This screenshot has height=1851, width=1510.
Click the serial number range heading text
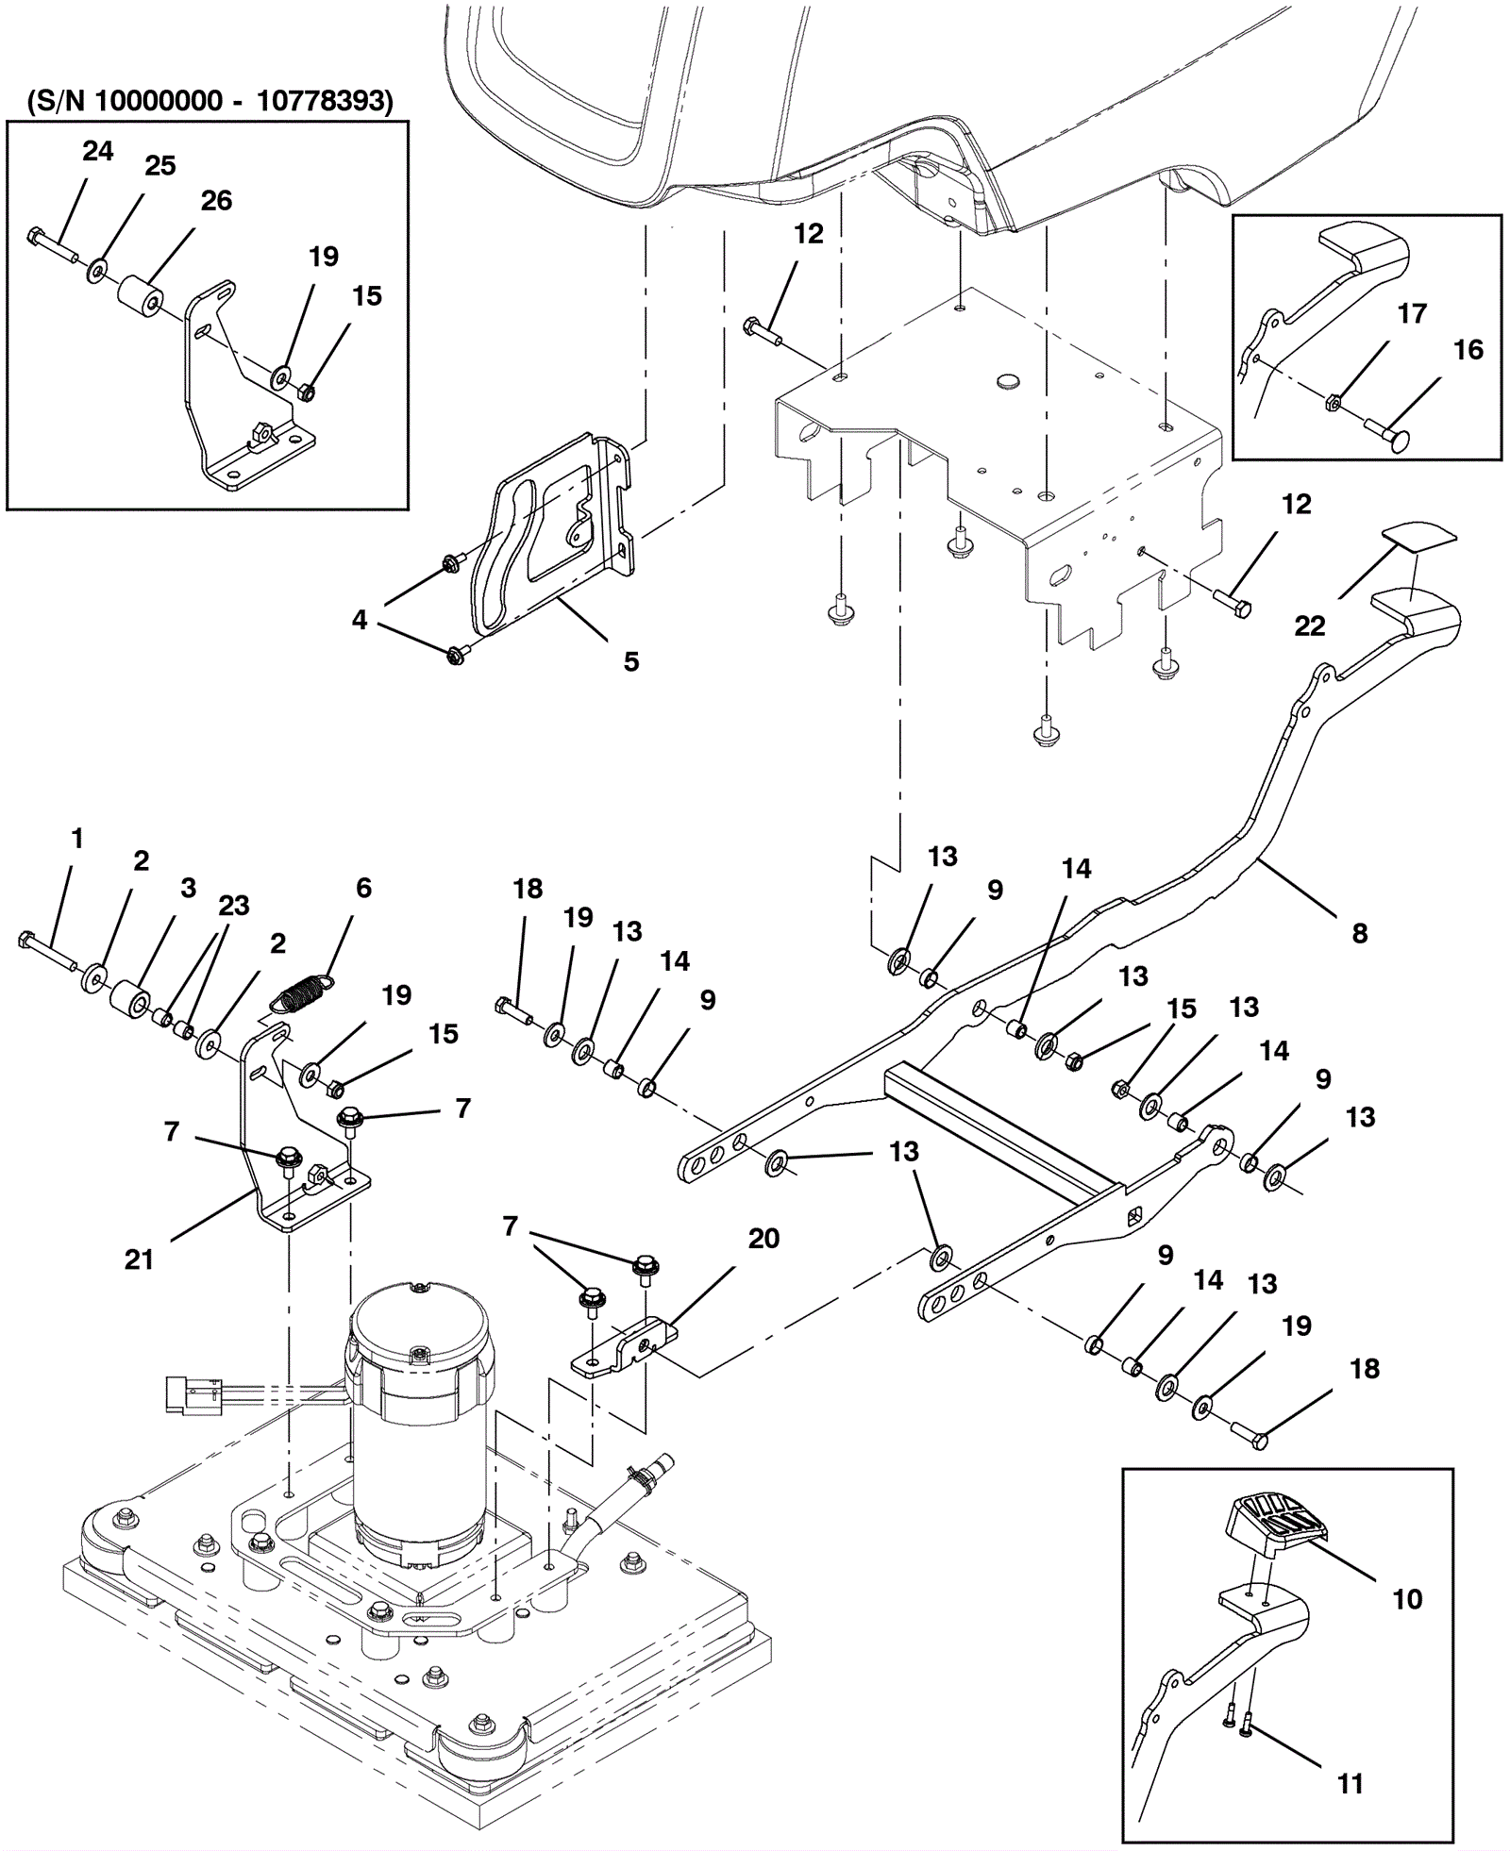click(210, 101)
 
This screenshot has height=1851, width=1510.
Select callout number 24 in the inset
click(97, 151)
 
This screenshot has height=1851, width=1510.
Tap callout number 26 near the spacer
click(216, 200)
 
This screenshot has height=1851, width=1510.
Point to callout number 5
click(631, 661)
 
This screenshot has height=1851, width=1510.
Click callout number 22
click(1309, 625)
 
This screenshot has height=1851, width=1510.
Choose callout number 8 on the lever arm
click(1359, 933)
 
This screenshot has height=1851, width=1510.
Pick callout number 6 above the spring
click(363, 888)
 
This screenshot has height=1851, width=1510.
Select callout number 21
click(139, 1259)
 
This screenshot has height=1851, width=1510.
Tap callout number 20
click(763, 1238)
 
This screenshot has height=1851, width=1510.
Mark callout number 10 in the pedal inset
click(1407, 1599)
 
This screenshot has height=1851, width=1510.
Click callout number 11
click(1350, 1784)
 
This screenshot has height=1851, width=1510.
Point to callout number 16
click(1468, 350)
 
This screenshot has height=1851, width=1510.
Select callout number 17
click(1412, 313)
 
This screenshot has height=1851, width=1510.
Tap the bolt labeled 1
click(46, 951)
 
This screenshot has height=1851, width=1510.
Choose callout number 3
click(188, 888)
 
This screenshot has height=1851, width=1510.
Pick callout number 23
click(233, 906)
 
